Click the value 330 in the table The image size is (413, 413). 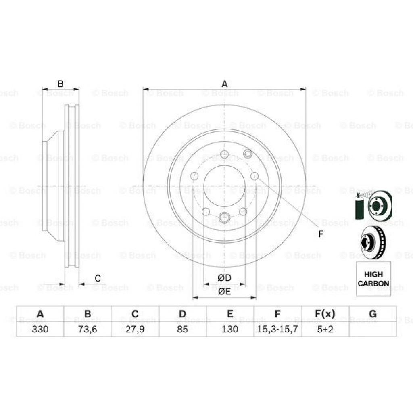click(x=40, y=329)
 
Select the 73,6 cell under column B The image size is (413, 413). click(x=88, y=329)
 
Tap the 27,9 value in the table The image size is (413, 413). click(x=135, y=329)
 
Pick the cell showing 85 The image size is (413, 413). click(x=182, y=329)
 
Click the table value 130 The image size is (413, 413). click(x=230, y=329)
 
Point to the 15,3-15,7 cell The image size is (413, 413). click(x=277, y=329)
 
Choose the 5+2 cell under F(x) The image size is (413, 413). click(x=325, y=329)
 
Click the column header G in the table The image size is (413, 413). click(x=372, y=314)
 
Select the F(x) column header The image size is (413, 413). click(x=325, y=314)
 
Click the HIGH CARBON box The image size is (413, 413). click(x=373, y=279)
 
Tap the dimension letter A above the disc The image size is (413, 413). click(x=225, y=84)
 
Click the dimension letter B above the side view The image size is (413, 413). click(x=60, y=84)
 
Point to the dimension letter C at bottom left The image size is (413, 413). click(x=98, y=278)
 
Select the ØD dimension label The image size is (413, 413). click(x=224, y=278)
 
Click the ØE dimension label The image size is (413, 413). click(x=224, y=292)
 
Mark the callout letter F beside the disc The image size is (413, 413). click(x=321, y=234)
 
